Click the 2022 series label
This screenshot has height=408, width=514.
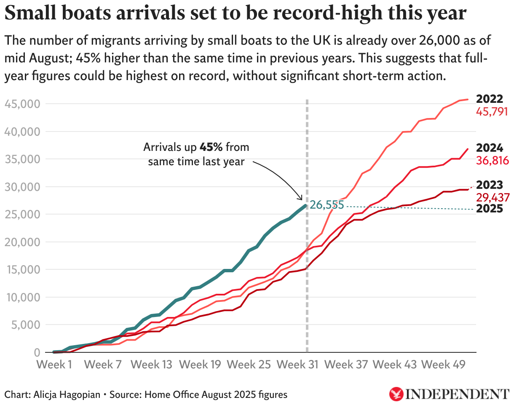(x=489, y=99)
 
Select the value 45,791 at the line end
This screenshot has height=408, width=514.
(x=492, y=112)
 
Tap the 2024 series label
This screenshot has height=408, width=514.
(x=489, y=148)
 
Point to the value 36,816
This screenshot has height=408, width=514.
(x=492, y=161)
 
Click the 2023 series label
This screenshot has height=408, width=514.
(x=489, y=185)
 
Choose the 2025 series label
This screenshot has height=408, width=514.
(x=489, y=209)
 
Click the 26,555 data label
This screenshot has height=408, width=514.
(x=327, y=205)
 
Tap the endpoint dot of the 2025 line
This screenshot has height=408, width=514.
(x=306, y=205)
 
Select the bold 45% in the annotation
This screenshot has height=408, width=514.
(x=210, y=148)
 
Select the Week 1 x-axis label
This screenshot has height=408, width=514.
(x=54, y=365)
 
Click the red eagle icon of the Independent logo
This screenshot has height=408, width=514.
(x=396, y=394)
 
